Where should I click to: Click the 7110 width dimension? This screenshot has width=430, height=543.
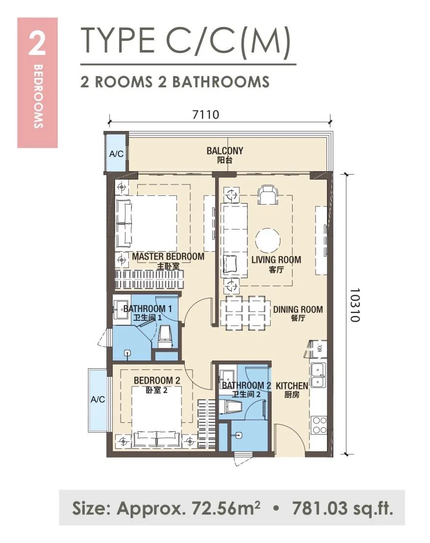tap(205, 114)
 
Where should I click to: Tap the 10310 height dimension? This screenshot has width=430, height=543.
tap(355, 305)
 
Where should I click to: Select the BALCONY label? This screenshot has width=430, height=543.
tap(225, 151)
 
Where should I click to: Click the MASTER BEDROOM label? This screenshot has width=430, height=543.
tap(168, 257)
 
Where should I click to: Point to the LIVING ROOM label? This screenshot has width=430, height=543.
tap(276, 259)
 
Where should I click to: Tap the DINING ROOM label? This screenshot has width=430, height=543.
tap(298, 309)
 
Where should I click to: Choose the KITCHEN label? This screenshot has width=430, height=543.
tap(292, 386)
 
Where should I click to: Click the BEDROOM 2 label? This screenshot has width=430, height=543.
tap(157, 380)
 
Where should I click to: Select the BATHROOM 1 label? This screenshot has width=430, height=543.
tap(148, 309)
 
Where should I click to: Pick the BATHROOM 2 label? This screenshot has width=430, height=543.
tap(247, 385)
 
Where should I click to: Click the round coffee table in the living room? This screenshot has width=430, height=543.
tap(268, 240)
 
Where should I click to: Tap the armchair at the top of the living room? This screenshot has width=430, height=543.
tap(267, 195)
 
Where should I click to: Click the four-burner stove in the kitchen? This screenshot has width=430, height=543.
tap(319, 425)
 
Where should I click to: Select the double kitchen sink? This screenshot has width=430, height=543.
tap(318, 375)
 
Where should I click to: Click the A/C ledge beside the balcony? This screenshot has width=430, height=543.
tap(116, 154)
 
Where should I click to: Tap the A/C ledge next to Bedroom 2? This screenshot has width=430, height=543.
tap(97, 400)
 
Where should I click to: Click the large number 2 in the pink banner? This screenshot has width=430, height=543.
tap(37, 43)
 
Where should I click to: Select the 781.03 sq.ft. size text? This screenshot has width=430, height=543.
tap(343, 508)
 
